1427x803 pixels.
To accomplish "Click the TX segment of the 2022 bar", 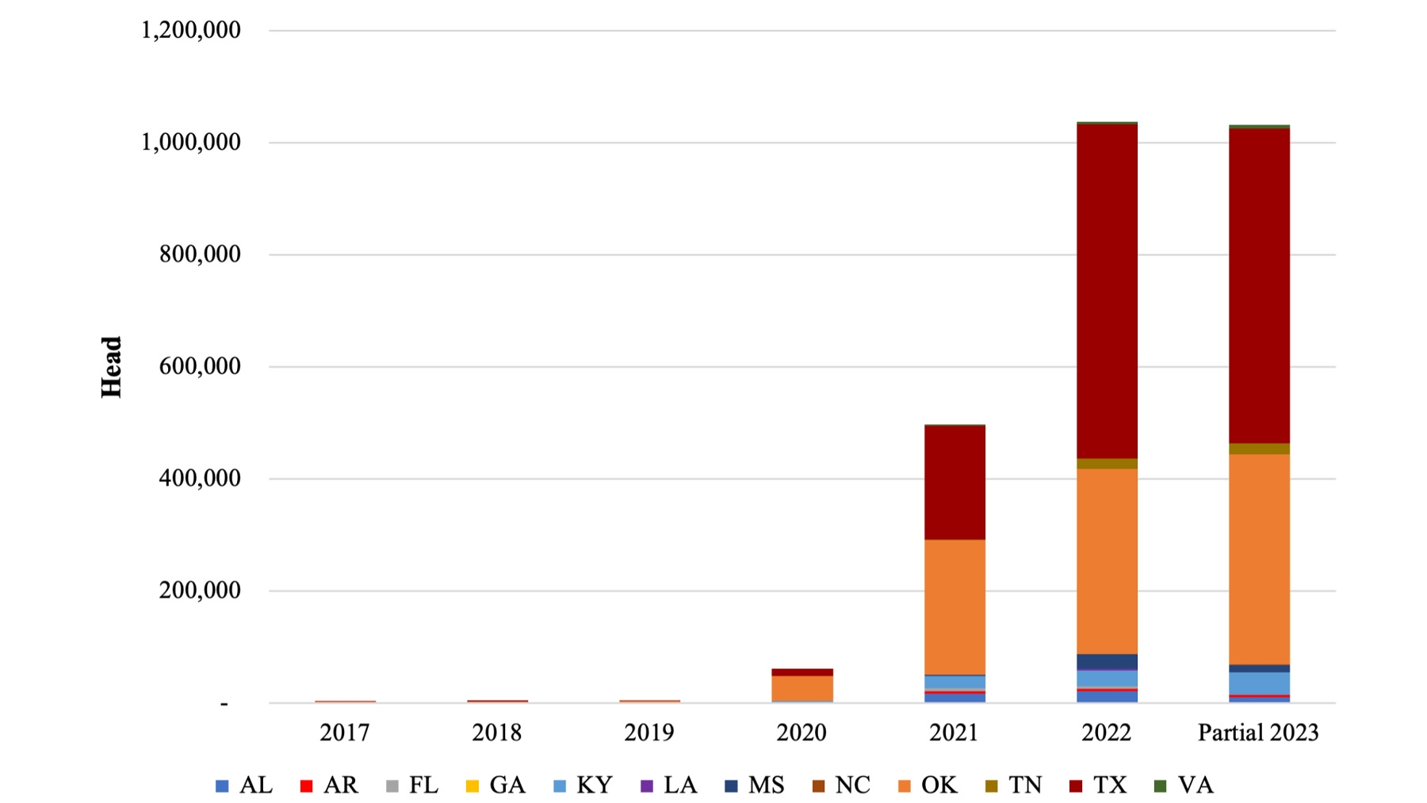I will (x=1107, y=291).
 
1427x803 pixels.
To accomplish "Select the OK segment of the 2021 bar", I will (x=955, y=606).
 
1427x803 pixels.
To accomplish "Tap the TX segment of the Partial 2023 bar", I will (x=1259, y=285).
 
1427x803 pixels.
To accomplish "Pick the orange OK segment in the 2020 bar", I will (x=801, y=687).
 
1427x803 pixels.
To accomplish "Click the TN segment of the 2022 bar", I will (x=1107, y=464).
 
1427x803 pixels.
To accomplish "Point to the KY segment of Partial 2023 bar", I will (x=1259, y=683).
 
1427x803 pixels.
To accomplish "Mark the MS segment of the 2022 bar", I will (x=1107, y=661).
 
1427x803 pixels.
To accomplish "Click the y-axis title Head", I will (x=111, y=366).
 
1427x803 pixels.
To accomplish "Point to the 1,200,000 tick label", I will (x=190, y=30).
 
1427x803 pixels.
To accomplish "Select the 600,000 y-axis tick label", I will (x=199, y=366).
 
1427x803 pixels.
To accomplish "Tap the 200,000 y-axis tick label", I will (x=199, y=591).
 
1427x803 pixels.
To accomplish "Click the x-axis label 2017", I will (x=344, y=732).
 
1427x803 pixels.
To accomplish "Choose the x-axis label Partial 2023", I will (x=1257, y=732).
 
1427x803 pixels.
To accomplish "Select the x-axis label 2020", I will (x=801, y=732).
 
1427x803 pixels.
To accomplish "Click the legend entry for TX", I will (x=1098, y=785).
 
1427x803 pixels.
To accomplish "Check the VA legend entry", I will (x=1184, y=785).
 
